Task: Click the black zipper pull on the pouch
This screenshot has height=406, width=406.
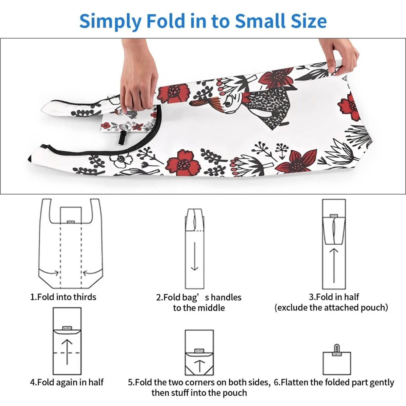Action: pos(123,137)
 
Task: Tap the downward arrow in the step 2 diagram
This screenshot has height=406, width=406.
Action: pos(194,256)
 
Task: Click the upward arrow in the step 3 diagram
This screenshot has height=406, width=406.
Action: pos(334,265)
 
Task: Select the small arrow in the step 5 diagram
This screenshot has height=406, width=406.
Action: pos(199,366)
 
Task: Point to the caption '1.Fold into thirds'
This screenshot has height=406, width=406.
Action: pos(63,297)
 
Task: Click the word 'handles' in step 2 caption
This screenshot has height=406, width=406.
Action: pos(226,297)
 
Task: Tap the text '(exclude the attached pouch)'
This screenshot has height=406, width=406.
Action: pos(331,308)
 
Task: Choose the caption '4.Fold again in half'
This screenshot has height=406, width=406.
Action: pos(67,382)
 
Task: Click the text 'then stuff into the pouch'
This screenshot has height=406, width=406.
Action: pos(199,393)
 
